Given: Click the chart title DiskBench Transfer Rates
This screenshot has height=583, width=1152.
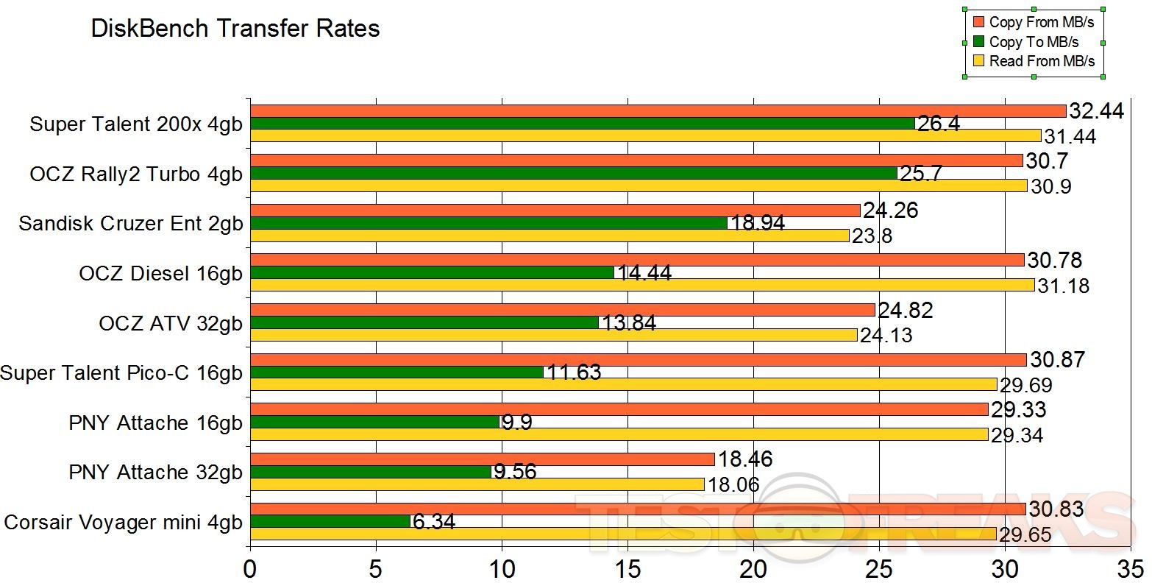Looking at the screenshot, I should point(235,29).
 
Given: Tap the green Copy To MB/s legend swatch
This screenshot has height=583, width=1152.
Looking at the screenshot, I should point(978,42).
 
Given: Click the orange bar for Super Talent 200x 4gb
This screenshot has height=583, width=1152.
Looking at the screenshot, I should point(658,111).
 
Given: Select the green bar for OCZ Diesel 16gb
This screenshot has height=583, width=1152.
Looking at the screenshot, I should point(433,272).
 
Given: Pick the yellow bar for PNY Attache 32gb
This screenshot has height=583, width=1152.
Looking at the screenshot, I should point(477,484).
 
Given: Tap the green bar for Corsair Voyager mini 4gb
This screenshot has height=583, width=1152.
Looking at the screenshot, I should point(330,521).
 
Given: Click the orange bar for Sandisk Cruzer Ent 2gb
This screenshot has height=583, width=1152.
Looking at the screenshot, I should point(555,211).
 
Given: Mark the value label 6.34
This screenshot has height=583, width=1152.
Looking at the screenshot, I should point(434,522).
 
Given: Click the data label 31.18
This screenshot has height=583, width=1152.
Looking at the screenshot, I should point(1064,286).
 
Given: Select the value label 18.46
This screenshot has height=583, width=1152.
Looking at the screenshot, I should point(746,459).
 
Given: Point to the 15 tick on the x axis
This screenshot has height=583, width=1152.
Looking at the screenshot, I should point(628,568).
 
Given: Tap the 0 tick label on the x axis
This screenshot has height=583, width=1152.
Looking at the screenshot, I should point(251,568).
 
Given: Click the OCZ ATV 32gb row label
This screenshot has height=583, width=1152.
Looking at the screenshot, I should point(171,323).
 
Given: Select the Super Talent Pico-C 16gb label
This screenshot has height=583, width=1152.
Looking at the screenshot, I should point(121,373).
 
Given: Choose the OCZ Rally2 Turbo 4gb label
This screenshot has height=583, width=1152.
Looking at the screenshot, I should point(136,174).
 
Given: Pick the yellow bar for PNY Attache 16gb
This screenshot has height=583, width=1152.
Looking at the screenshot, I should point(619,434).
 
